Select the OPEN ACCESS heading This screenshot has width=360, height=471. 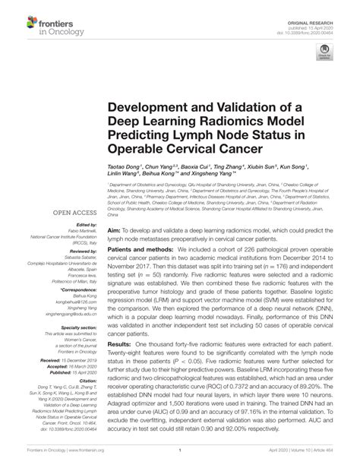tap(73, 214)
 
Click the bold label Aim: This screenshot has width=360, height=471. tap(116, 207)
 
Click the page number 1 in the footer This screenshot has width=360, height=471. tap(179, 460)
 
